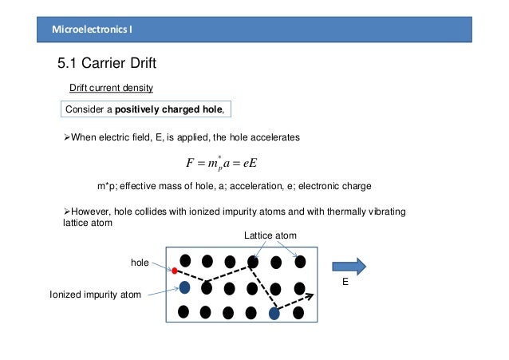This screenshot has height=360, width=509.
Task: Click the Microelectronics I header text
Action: [x=93, y=30]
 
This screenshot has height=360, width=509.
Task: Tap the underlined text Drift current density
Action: [x=114, y=87]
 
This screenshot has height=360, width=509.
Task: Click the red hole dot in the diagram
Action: [x=174, y=271]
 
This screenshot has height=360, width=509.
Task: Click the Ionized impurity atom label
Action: [x=96, y=295]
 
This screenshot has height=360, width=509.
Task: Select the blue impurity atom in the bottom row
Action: [x=274, y=314]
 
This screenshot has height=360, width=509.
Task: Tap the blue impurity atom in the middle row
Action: [x=184, y=287]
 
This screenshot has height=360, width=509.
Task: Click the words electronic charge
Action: [x=334, y=187]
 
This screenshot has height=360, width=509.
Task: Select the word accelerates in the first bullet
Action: [x=273, y=137]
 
